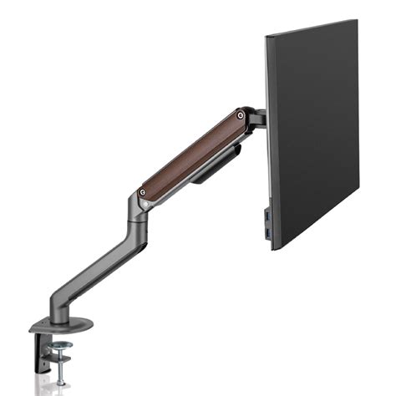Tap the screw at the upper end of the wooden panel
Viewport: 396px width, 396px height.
[241, 114]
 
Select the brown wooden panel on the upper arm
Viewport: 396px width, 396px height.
[193, 154]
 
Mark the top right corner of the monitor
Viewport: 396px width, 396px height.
[357, 22]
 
